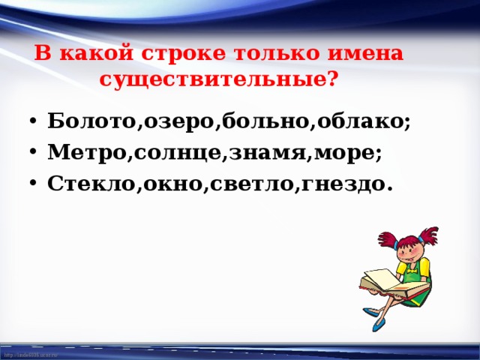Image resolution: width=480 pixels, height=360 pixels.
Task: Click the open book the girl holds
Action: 383,281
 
